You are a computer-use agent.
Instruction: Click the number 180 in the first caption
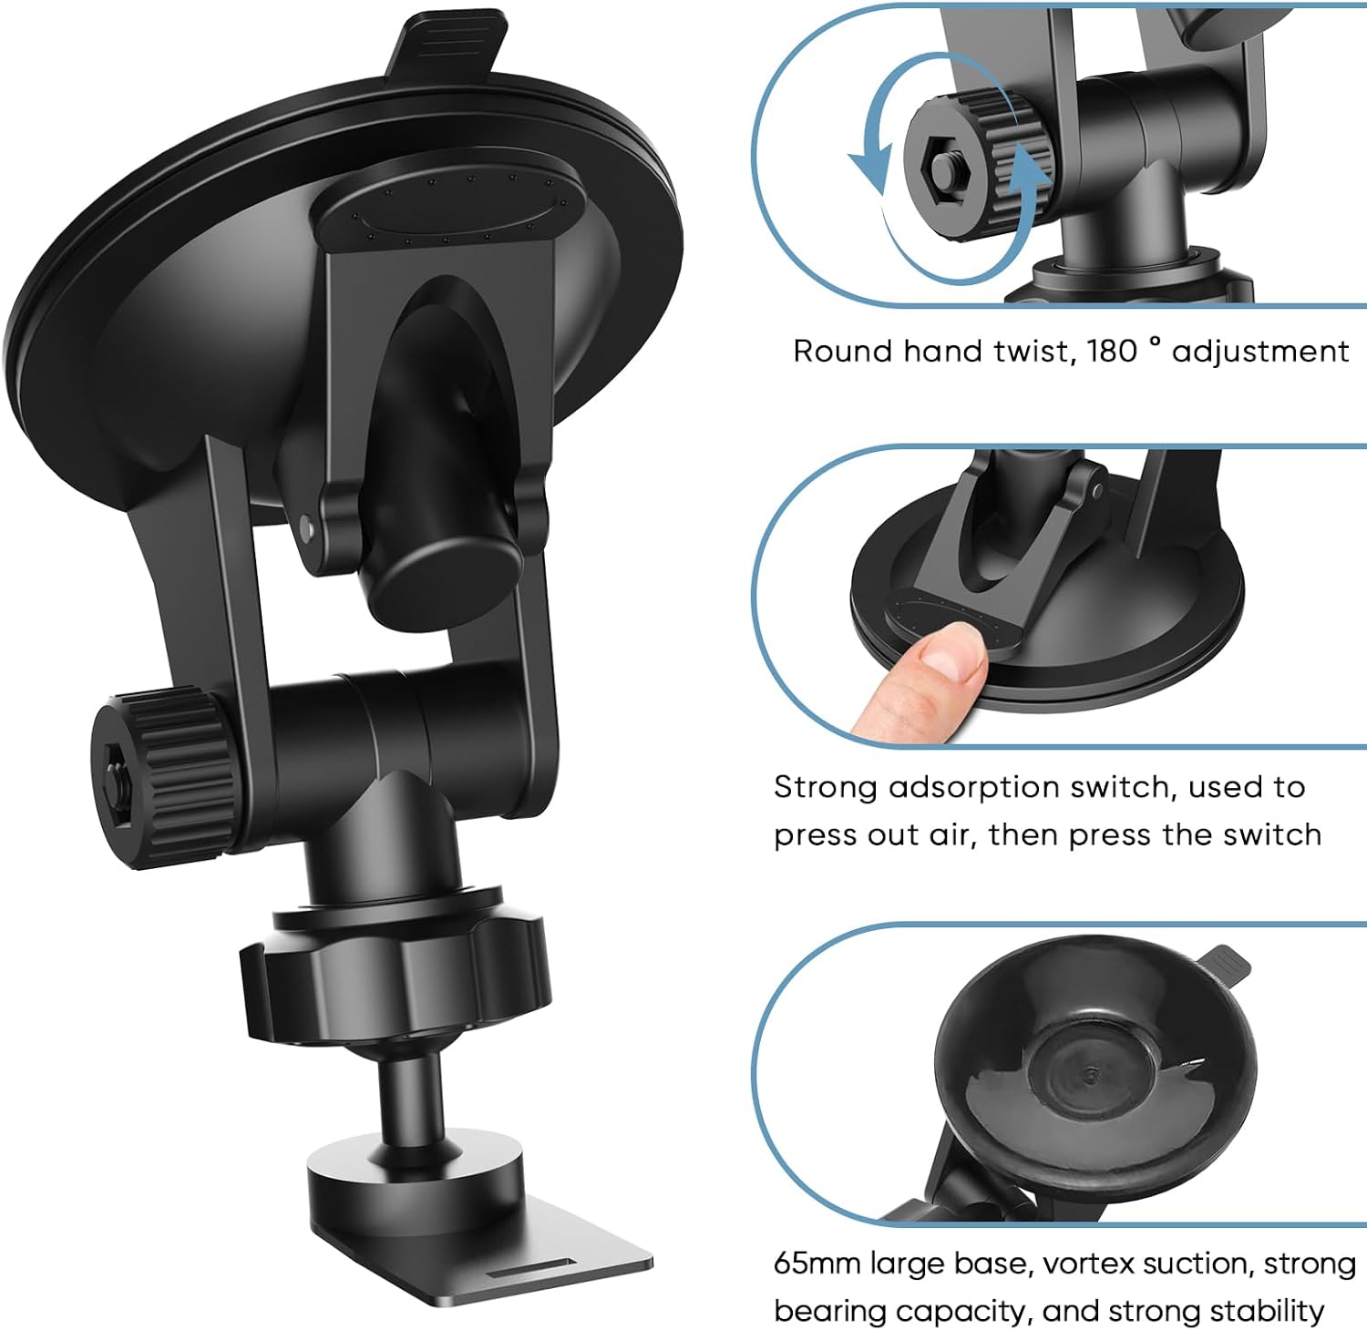point(1112,352)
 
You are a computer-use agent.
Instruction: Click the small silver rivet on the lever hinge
point(306,527)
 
